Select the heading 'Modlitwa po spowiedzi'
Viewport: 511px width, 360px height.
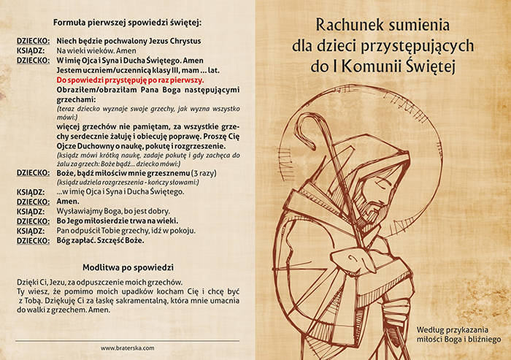click(x=128, y=267)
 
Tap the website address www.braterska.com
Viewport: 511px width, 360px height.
click(x=127, y=348)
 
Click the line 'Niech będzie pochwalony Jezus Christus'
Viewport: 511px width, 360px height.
click(x=128, y=41)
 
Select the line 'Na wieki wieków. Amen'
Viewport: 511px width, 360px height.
click(x=96, y=50)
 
